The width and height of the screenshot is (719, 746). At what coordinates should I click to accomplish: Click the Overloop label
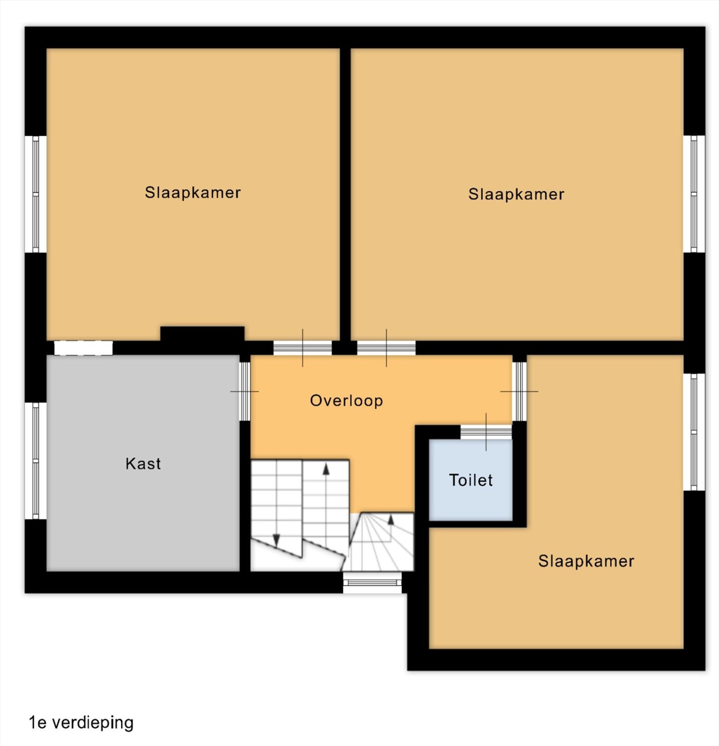pos(346,400)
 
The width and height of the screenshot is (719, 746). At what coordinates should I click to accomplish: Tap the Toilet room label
pos(471,480)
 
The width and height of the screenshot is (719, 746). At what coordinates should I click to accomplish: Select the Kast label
pos(143,464)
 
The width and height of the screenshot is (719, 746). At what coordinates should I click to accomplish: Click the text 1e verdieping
pos(81,723)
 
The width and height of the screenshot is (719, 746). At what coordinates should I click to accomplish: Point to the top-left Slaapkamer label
pos(193,193)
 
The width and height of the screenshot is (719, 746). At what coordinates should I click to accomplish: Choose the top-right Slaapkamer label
pos(516,194)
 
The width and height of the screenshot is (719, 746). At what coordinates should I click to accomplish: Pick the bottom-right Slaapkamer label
pos(586,561)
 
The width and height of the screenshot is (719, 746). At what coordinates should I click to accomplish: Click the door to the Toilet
pos(486,432)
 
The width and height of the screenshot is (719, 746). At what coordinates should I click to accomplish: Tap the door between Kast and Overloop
pos(245,391)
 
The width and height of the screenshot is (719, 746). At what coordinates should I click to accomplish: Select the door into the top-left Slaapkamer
pos(303,348)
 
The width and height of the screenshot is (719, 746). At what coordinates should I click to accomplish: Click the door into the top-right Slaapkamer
pos(386,348)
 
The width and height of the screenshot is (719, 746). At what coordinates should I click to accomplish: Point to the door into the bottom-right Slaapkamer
pos(520,391)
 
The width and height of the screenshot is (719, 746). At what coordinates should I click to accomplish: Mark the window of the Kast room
pos(36,461)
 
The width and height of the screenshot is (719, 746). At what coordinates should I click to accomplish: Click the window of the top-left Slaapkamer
pos(36,194)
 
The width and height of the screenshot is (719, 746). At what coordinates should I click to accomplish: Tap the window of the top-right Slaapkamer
pos(694,194)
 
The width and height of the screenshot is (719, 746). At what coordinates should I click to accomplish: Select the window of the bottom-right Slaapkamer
pos(694,432)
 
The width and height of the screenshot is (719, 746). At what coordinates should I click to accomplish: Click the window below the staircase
pos(372,583)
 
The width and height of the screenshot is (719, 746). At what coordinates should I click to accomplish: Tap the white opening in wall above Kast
pos(83,348)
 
